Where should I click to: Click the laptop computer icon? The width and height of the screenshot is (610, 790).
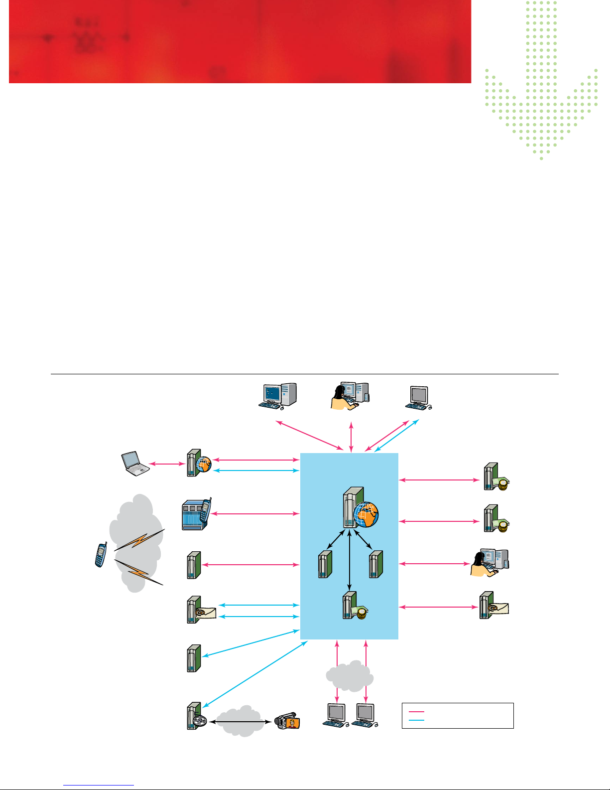(x=135, y=464)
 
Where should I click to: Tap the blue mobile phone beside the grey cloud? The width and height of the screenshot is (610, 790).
(x=101, y=555)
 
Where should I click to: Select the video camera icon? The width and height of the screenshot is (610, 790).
(x=287, y=721)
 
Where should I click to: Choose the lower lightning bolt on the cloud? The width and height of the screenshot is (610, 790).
(x=139, y=572)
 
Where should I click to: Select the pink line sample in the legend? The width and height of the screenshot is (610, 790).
(x=416, y=712)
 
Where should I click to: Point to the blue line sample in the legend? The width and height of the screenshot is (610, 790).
(x=416, y=720)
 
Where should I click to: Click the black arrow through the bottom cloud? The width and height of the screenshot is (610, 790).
(x=241, y=721)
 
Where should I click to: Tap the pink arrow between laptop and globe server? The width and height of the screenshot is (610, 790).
(x=167, y=464)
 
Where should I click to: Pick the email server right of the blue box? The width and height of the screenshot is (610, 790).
(x=493, y=606)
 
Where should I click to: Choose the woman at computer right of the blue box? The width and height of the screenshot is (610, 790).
(x=490, y=563)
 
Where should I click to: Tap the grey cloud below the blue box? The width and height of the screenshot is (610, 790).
(x=350, y=675)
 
